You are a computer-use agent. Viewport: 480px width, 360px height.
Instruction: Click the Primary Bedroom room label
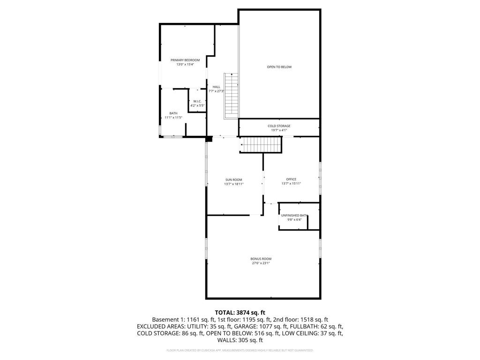[x=185, y=60]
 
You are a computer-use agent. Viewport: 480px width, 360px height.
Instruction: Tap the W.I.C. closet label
[x=197, y=101]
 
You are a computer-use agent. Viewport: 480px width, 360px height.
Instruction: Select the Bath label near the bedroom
[x=173, y=113]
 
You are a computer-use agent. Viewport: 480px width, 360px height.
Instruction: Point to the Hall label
[x=216, y=87]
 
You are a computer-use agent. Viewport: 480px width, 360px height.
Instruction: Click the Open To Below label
[x=279, y=67]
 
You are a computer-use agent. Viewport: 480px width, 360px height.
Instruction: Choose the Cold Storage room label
[x=279, y=126]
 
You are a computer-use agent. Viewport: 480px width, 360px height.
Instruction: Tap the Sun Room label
[x=233, y=180]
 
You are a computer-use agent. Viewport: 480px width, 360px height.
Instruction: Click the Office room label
[x=291, y=179]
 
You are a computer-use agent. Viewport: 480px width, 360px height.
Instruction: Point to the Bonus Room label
[x=261, y=259]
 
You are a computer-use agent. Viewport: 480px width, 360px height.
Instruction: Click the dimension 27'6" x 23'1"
[x=261, y=263]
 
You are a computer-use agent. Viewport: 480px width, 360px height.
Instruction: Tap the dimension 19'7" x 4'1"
[x=279, y=130]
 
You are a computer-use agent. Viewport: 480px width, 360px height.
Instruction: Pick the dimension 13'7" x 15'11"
[x=291, y=184]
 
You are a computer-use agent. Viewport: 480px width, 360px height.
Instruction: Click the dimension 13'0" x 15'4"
[x=185, y=65]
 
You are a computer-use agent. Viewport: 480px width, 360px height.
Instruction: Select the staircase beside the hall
[x=231, y=96]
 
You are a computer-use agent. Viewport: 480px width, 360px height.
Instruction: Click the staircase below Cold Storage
[x=262, y=145]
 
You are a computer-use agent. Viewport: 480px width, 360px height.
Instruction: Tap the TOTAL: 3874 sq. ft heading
[x=240, y=312]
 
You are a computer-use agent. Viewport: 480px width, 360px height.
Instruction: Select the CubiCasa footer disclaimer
[x=240, y=350]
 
